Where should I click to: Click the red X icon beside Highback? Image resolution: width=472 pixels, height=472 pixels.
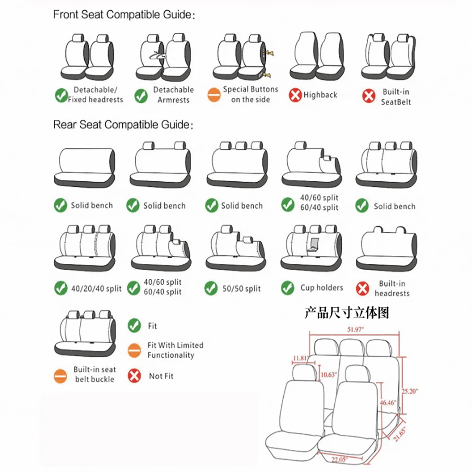295,95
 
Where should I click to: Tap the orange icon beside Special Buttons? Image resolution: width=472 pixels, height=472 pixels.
214,95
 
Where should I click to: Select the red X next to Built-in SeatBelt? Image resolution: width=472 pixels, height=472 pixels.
368,96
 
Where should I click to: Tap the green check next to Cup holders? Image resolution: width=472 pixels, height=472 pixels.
287,288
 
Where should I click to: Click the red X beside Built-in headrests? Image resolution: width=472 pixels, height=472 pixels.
362,288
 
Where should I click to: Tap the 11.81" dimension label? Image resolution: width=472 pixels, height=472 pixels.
300,358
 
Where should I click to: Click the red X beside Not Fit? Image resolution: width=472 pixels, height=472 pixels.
135,376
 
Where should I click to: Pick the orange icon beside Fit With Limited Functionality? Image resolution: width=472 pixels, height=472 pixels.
135,350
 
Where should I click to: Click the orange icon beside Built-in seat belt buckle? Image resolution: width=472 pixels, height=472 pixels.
60,376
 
